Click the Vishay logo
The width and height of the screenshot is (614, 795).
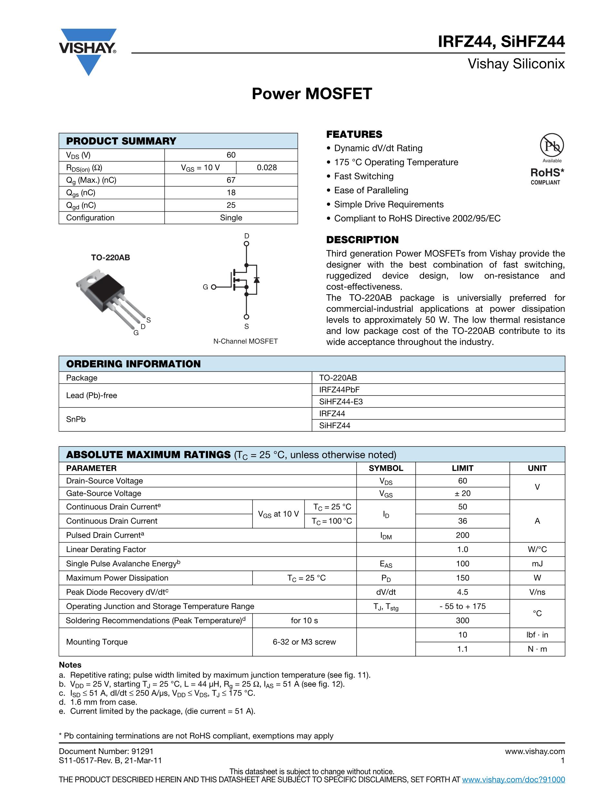[x=88, y=51]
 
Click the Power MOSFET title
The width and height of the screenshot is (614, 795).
[x=312, y=94]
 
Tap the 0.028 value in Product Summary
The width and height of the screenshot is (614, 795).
[x=267, y=167]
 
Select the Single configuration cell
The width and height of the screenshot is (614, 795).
[x=231, y=218]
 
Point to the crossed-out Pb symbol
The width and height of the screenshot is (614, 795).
[x=552, y=145]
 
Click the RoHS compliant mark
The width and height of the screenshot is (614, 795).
[x=547, y=176]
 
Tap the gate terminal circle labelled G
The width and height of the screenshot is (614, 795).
[x=213, y=287]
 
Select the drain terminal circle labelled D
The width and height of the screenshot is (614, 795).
[x=246, y=244]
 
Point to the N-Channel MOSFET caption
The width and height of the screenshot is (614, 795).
[x=245, y=341]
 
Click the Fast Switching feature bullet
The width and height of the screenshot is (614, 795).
[x=363, y=176]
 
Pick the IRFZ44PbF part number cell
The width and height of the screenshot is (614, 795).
[x=339, y=389]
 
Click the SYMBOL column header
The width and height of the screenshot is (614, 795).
[x=386, y=468]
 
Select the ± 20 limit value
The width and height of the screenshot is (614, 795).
[x=462, y=493]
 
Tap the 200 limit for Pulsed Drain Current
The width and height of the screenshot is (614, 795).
[x=462, y=535]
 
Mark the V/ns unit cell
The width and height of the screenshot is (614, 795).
[x=537, y=592]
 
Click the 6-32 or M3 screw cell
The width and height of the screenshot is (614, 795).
[x=304, y=642]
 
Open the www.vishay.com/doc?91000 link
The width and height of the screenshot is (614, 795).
[x=513, y=779]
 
